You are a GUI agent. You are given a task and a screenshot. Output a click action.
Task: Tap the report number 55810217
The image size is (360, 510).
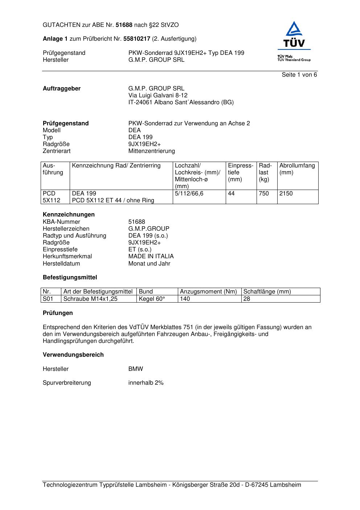coord(137,39)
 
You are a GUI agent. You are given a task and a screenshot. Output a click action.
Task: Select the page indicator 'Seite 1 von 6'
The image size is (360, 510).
coord(299,75)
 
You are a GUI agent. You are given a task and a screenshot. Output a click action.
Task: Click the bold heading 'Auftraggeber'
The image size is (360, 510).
coord(62,89)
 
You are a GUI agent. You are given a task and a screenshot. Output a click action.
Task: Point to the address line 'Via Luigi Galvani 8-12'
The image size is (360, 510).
coord(158,96)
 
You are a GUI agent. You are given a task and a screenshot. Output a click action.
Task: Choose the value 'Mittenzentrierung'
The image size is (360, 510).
coord(151,151)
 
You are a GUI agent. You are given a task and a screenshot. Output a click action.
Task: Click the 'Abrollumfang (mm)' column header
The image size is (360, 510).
coord(297,169)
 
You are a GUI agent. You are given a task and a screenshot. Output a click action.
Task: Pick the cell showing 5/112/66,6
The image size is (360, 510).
coord(189,194)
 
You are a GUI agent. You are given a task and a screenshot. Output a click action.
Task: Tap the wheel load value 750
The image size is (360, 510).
coord(264,194)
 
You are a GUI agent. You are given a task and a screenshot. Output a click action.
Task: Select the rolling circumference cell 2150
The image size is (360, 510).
coord(286,194)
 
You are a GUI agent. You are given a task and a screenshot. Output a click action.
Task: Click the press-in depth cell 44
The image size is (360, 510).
coord(231,194)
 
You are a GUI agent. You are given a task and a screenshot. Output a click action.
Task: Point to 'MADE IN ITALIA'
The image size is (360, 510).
coord(151,256)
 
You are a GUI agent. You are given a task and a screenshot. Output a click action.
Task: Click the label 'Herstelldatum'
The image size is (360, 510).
coord(61,264)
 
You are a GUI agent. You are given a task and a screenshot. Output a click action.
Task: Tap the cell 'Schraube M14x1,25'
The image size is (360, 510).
coord(90,299)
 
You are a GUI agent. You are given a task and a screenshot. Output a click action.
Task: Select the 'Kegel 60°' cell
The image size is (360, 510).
coord(152,299)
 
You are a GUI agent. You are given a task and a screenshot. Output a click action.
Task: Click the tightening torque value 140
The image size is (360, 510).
coord(185,299)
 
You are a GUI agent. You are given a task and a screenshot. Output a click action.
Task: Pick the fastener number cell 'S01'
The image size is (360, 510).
coord(48,299)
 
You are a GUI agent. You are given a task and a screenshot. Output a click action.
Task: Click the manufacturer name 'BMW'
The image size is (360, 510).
coord(136,369)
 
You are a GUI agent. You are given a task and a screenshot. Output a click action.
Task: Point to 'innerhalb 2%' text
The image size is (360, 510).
coord(146,383)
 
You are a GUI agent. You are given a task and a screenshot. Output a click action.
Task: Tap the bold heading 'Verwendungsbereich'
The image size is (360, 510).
coord(73,355)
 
